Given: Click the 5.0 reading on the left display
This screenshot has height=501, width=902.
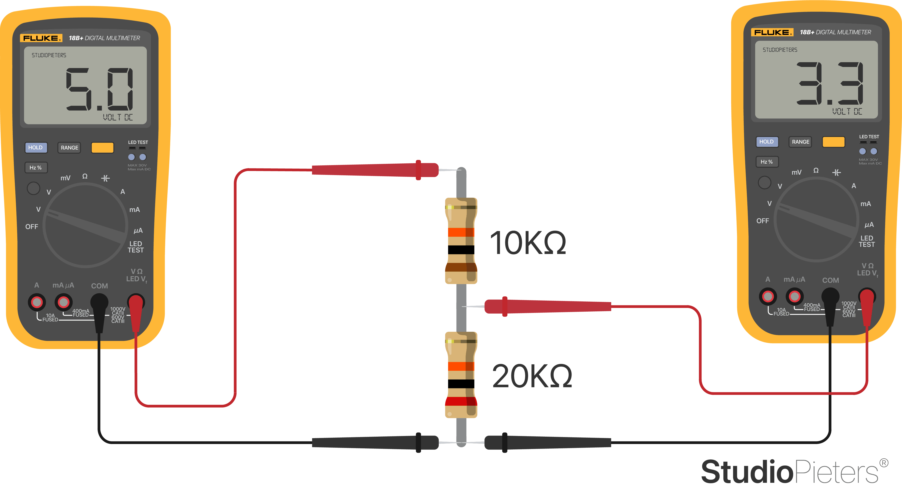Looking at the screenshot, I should pos(100,89).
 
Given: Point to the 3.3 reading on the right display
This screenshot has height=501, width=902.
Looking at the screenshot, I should pos(830,83).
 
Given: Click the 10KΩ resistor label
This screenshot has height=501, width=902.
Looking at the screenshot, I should pos(528,243).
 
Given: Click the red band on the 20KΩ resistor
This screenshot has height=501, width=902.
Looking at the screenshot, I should pos(461,401).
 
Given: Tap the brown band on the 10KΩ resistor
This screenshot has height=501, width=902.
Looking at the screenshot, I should pos(461,267).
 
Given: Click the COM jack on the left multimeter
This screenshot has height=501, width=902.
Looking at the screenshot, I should pos(99,301).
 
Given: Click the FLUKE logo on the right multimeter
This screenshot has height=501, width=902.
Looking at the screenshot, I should pos(772,33).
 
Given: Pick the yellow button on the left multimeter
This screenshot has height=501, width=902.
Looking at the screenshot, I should pos(102,148).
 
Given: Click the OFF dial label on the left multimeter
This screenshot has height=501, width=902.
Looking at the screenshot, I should pos(32,227).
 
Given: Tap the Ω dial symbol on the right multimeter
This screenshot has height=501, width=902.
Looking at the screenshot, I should pos(816,170).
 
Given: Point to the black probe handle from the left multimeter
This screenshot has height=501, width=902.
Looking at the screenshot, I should pos(375,442).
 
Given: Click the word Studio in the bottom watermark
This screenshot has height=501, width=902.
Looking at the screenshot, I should pos(747,472).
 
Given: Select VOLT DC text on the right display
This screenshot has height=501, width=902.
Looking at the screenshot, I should pos(847,111).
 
